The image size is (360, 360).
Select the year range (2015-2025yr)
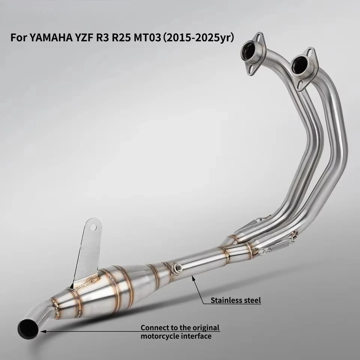pos(198,38)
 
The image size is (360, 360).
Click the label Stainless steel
pos(236,300)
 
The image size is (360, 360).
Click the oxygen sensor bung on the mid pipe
pos(177,267)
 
